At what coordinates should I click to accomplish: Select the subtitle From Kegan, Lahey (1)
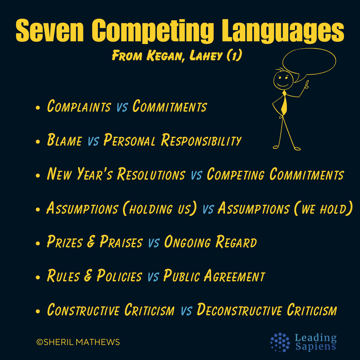pos(177,56)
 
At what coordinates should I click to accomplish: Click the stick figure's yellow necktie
pos(284,103)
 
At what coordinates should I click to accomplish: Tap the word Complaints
pos(79,107)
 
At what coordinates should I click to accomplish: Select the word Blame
pos(64,141)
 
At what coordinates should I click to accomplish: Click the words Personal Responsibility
pos(172,141)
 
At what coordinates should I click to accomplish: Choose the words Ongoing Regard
pos(210,242)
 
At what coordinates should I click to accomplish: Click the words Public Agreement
pos(214,276)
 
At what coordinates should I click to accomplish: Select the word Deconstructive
pos(237,310)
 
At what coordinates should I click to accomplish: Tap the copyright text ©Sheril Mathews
pos(78,342)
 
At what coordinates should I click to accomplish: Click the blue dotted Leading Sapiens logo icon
pos(280,342)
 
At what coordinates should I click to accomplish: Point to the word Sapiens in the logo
pos(315,346)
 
